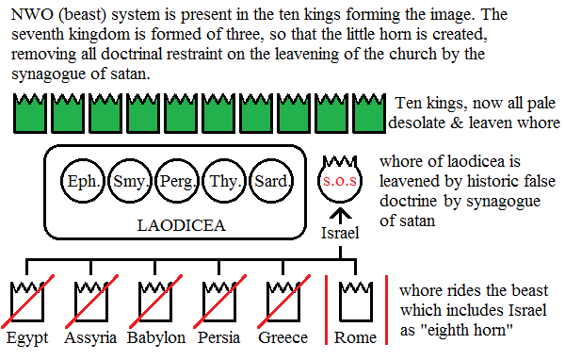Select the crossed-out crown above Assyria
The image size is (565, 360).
tap(89, 300)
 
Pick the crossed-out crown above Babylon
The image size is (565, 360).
tap(154, 300)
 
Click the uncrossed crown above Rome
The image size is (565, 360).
tap(355, 300)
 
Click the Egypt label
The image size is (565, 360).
tap(25, 337)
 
